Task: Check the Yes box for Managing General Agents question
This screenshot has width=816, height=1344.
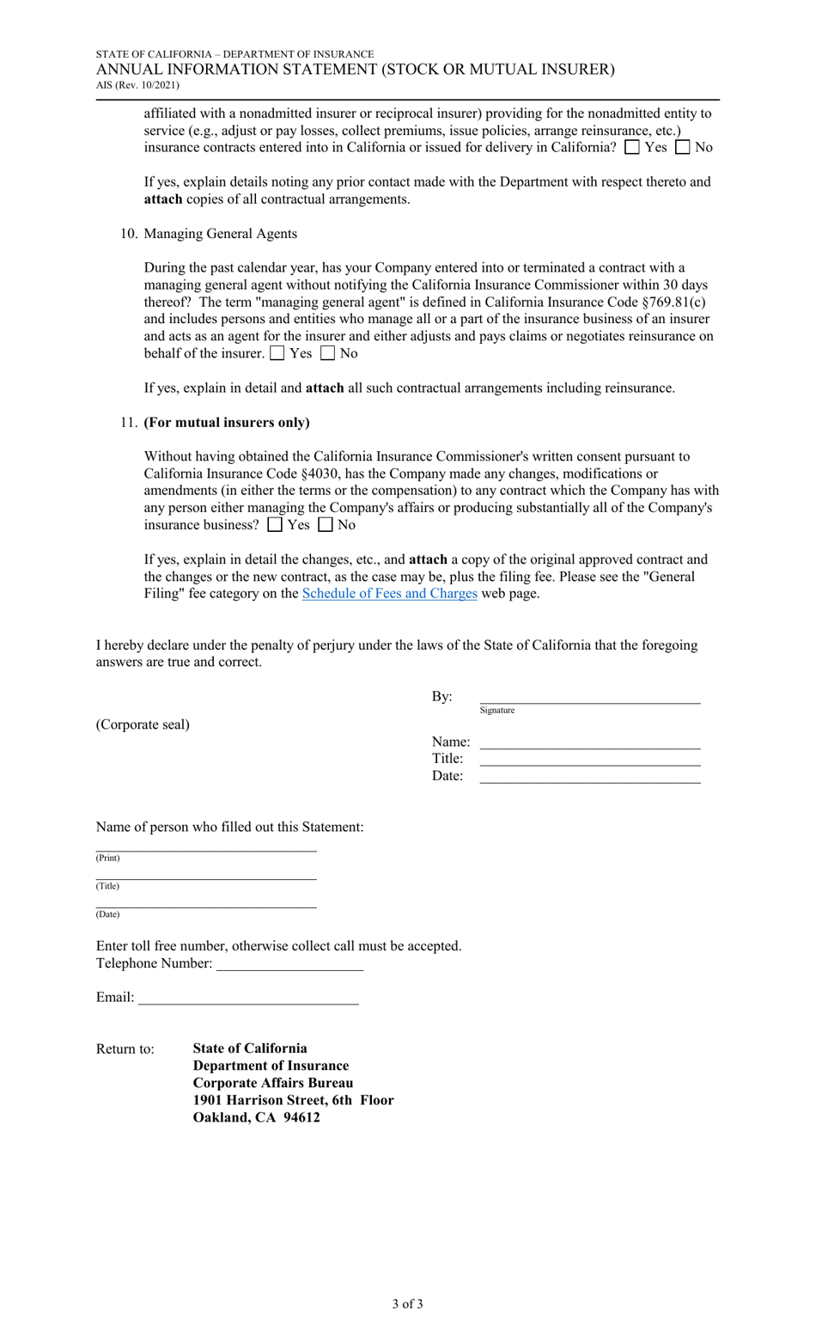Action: click(277, 353)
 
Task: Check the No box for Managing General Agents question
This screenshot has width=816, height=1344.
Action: click(327, 353)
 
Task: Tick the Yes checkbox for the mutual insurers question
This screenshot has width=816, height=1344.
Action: click(275, 524)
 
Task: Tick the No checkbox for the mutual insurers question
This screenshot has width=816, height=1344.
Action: click(326, 524)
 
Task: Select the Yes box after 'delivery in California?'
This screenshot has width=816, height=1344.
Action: click(632, 147)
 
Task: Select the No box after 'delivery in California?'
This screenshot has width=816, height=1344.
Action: click(683, 147)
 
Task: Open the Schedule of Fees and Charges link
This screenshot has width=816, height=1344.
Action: click(389, 594)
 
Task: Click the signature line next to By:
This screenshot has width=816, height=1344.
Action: click(589, 697)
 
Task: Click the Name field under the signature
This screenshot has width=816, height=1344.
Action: click(589, 742)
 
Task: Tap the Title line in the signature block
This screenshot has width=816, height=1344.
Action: click(589, 759)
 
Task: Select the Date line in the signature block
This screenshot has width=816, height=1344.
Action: click(589, 776)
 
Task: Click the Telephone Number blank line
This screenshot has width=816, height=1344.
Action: click(289, 964)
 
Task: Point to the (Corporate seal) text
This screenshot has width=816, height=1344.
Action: click(143, 724)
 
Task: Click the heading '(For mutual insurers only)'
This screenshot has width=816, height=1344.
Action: click(227, 423)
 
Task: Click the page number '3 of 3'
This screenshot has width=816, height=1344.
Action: click(407, 1304)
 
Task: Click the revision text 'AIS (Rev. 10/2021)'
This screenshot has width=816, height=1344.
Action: click(137, 85)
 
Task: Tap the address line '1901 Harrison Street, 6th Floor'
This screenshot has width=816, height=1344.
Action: click(293, 1101)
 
